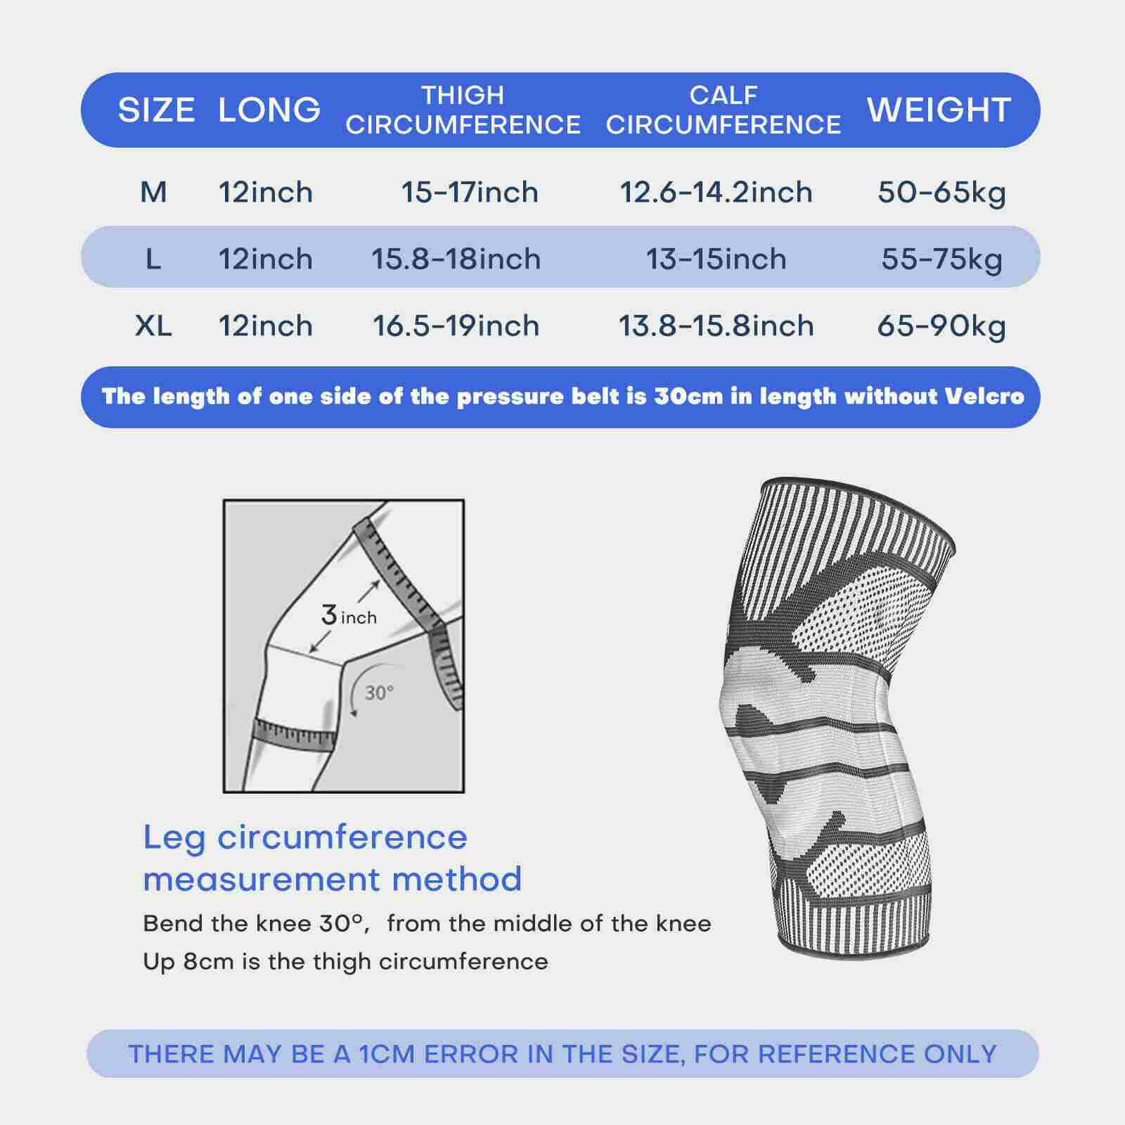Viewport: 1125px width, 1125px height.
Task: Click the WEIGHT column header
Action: pos(939,110)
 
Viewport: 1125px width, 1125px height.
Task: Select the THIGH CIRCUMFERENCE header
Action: pos(463,110)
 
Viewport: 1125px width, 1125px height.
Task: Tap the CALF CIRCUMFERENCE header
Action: pos(723,110)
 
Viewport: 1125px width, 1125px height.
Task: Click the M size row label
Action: pos(153,192)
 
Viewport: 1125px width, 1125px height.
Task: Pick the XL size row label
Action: pos(153,326)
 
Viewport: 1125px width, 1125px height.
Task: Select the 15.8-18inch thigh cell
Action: pos(456,259)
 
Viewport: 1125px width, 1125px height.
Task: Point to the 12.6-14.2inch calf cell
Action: pos(716,192)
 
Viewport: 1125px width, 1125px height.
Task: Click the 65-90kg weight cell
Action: pos(941,326)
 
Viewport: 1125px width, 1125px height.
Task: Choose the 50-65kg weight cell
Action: pos(941,192)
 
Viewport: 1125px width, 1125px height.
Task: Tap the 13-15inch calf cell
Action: pos(716,259)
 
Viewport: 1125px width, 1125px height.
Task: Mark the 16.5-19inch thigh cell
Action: pos(456,326)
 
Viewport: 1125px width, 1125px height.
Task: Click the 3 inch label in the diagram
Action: pos(349,616)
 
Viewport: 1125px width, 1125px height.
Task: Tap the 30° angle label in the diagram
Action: pos(379,693)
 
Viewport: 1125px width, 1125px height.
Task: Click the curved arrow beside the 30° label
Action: pos(352,693)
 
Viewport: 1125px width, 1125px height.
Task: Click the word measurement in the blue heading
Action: pos(264,880)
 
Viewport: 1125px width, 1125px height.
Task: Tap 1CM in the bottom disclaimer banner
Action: pos(388,1054)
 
